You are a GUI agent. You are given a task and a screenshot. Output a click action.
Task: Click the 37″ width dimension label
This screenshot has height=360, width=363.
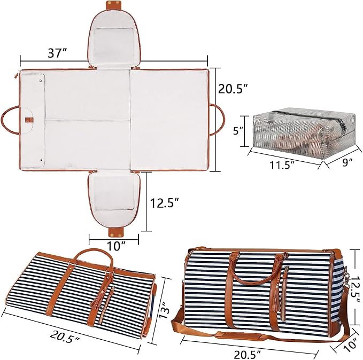pyautogui.click(x=57, y=53)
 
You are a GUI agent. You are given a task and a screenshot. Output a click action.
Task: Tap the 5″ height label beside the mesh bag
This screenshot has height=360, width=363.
pyautogui.click(x=238, y=131)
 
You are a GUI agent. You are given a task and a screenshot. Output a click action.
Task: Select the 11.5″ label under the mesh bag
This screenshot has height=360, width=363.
pyautogui.click(x=282, y=165)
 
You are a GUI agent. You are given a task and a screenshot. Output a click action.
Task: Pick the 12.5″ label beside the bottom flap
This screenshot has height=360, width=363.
pyautogui.click(x=165, y=203)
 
